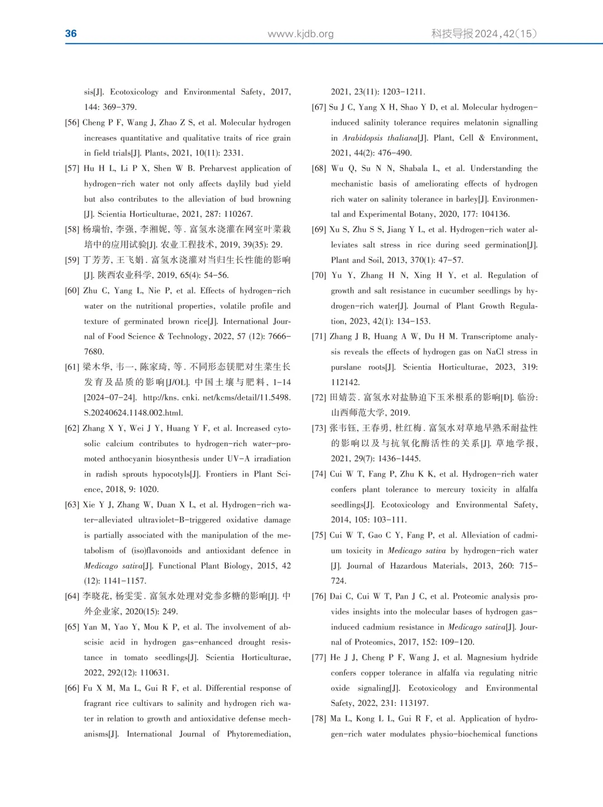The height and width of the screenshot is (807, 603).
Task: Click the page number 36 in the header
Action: coord(71,34)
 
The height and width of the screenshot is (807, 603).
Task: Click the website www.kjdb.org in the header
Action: coord(300,34)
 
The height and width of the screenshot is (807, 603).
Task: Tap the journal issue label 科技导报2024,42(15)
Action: coord(484,34)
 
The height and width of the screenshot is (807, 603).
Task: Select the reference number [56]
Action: coord(72,123)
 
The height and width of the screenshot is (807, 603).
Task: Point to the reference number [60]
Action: coord(72,291)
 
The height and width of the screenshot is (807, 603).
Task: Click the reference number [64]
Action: coord(72,596)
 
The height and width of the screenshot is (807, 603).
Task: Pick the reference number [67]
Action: coord(319,107)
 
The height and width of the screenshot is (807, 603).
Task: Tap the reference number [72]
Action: coord(319,398)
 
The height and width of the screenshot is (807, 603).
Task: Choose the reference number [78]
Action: coord(319,719)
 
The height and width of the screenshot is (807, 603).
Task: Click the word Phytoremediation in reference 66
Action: coord(259,734)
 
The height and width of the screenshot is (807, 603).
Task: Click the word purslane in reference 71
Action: coord(346,367)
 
